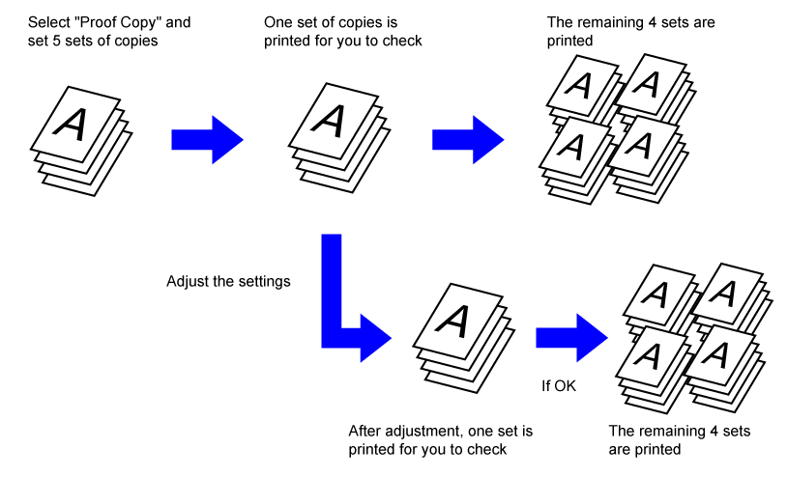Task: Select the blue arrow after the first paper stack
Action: coord(206,139)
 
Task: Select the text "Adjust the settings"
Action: coord(227,283)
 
